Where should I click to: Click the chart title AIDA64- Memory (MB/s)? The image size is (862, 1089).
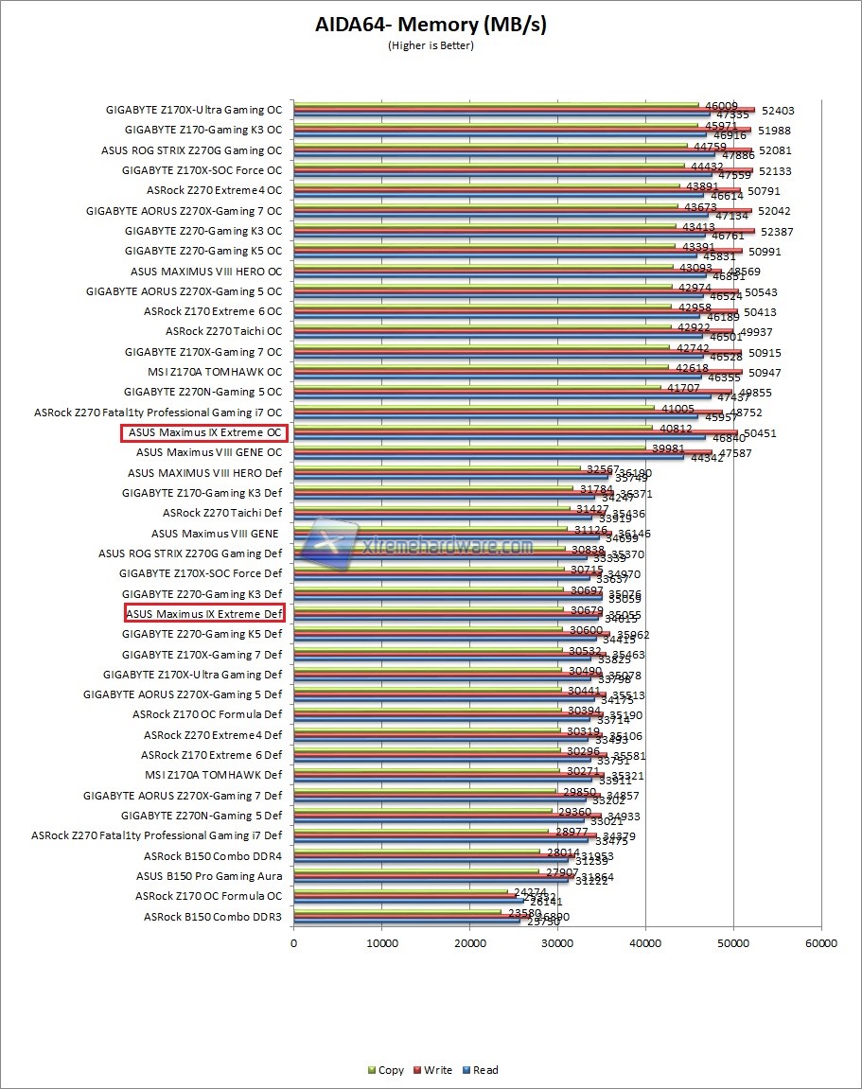[431, 26]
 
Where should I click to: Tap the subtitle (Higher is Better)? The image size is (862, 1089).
[431, 45]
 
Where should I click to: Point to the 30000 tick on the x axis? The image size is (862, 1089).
[557, 943]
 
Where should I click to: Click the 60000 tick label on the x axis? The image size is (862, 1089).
[821, 943]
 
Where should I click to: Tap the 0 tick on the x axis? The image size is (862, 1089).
[293, 943]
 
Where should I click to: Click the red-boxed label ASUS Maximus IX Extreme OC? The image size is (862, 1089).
[204, 432]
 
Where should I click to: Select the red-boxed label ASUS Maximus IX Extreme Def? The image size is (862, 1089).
[204, 614]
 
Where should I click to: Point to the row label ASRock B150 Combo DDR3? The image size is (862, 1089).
[213, 917]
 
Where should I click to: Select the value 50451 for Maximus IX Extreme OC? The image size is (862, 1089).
[759, 433]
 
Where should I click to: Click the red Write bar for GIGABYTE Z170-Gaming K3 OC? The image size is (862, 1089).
[520, 130]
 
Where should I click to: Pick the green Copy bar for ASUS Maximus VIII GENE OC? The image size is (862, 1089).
[473, 447]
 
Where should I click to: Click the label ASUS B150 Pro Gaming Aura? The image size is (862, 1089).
[209, 876]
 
